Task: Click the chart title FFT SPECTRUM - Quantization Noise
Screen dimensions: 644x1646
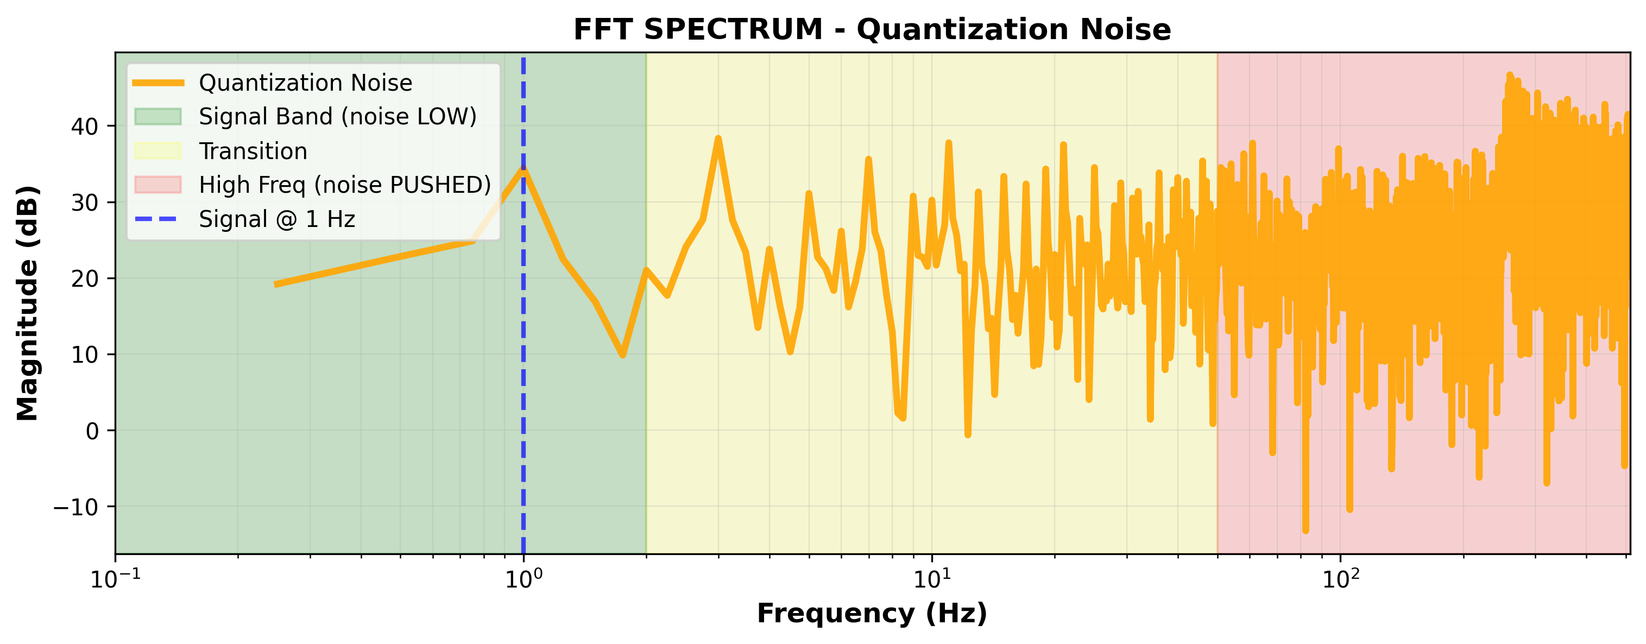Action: pyautogui.click(x=872, y=29)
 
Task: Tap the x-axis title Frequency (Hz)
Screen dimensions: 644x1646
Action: pyautogui.click(x=872, y=614)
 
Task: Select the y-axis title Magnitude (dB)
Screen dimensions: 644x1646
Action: pyautogui.click(x=28, y=303)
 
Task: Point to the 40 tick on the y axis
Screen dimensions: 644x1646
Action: pyautogui.click(x=85, y=126)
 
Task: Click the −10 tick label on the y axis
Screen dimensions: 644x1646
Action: pyautogui.click(x=76, y=507)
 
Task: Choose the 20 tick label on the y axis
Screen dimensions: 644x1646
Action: pyautogui.click(x=85, y=279)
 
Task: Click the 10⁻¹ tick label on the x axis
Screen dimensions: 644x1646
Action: pyautogui.click(x=115, y=579)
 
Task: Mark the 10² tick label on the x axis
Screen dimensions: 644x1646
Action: pyautogui.click(x=1339, y=579)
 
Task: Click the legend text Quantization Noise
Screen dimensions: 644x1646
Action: pyautogui.click(x=305, y=83)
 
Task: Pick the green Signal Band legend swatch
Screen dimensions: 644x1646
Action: pyautogui.click(x=158, y=116)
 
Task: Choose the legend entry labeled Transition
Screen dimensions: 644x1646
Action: pyautogui.click(x=253, y=151)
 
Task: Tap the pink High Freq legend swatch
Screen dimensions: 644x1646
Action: pyautogui.click(x=158, y=185)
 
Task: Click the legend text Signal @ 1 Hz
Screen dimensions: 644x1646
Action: pyautogui.click(x=276, y=219)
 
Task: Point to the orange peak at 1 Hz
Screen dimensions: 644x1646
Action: pyautogui.click(x=524, y=169)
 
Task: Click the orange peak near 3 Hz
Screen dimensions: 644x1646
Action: pyautogui.click(x=718, y=138)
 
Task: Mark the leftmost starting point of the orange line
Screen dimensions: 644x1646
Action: pyautogui.click(x=276, y=285)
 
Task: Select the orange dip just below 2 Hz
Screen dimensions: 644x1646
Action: pyautogui.click(x=622, y=355)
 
